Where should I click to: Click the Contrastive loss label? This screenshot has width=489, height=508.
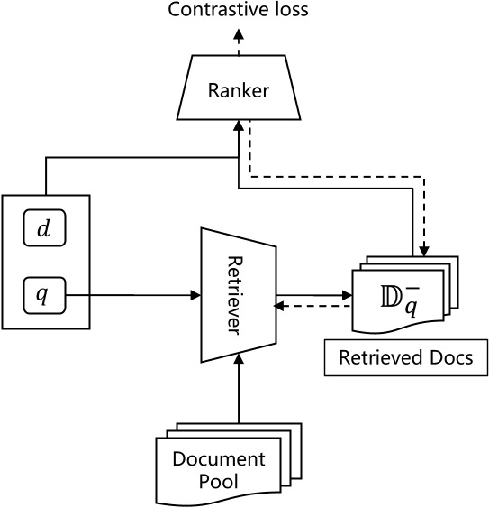click(239, 12)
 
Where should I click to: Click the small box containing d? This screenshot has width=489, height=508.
click(43, 230)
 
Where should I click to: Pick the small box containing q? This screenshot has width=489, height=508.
click(43, 293)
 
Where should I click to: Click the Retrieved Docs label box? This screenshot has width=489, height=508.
click(405, 357)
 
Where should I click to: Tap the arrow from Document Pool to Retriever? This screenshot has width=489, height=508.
click(239, 388)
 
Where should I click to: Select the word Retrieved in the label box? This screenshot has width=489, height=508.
click(378, 357)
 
